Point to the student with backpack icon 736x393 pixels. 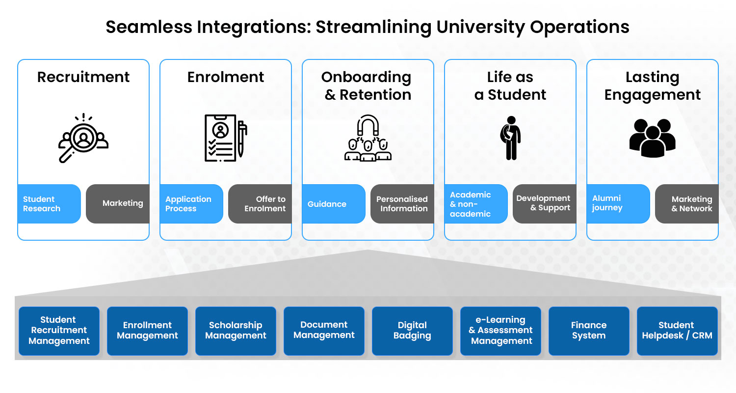pyautogui.click(x=510, y=138)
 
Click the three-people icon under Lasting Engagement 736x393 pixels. pyautogui.click(x=652, y=138)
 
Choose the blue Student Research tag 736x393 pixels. pyautogui.click(x=49, y=204)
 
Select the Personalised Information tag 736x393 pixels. pyautogui.click(x=402, y=204)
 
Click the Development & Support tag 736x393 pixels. pyautogui.click(x=544, y=203)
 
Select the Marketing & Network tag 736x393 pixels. pyautogui.click(x=687, y=204)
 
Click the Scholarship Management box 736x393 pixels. pyautogui.click(x=236, y=331)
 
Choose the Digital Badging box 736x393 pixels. pyautogui.click(x=412, y=331)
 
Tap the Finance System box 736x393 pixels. pyautogui.click(x=589, y=331)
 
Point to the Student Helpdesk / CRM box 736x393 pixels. pyautogui.click(x=677, y=331)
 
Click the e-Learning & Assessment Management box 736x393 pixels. pyautogui.click(x=500, y=331)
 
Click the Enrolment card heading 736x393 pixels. pyautogui.click(x=226, y=77)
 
